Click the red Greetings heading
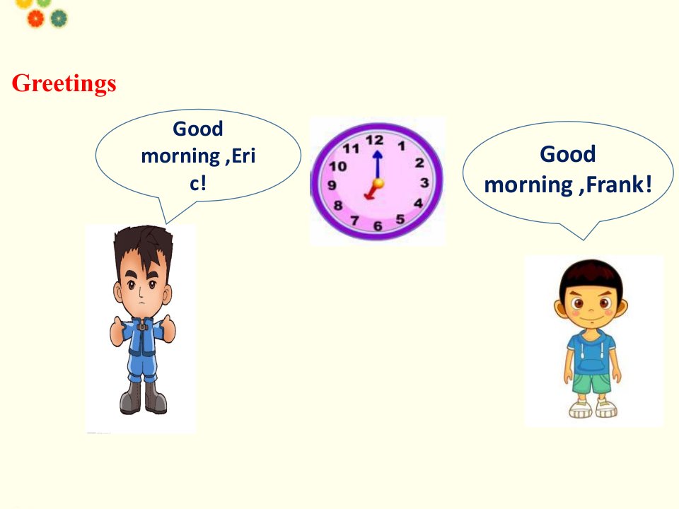[64, 83]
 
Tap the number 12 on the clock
[374, 140]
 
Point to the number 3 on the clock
[424, 182]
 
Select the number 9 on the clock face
[332, 185]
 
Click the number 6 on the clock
[378, 226]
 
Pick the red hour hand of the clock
[371, 191]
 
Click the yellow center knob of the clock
[378, 183]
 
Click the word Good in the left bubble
[198, 129]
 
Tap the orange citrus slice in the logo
[35, 18]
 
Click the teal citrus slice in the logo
[59, 18]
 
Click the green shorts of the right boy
[592, 383]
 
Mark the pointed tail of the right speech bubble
[584, 240]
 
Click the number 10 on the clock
[338, 166]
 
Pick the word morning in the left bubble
[180, 157]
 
